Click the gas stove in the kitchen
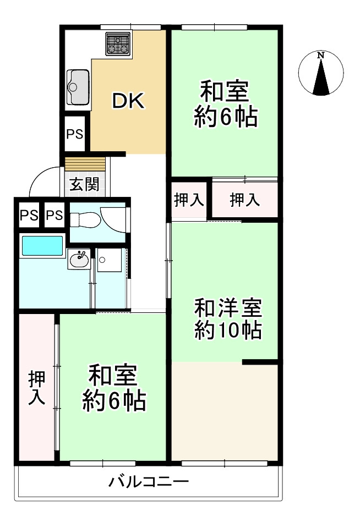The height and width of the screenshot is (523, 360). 118,43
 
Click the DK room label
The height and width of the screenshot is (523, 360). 128,101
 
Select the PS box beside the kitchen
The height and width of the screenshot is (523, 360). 75,134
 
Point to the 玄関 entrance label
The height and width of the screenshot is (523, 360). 84,184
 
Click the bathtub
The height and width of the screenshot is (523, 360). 42,245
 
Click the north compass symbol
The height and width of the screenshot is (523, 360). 321,74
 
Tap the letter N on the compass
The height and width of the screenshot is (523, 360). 320,55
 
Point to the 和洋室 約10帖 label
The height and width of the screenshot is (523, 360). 227,319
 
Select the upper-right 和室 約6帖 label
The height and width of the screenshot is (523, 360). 225,104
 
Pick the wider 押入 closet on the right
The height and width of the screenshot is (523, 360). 244,200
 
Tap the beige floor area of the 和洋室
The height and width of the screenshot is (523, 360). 225,410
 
